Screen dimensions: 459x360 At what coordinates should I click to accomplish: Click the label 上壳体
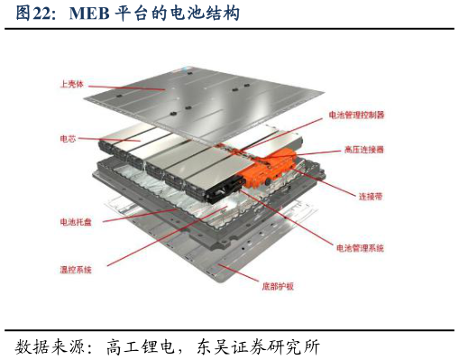coord(72,84)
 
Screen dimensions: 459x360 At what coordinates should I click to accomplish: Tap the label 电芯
coord(68,139)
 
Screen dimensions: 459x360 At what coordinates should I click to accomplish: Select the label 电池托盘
coord(76,222)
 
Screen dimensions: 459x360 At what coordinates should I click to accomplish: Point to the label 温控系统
coord(76,269)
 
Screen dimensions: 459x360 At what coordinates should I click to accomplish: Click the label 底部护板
coord(278,286)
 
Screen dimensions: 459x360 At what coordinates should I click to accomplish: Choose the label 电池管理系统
coord(360,248)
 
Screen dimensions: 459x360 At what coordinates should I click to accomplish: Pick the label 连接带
coord(371,197)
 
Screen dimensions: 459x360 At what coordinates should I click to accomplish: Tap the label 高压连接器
coord(364,150)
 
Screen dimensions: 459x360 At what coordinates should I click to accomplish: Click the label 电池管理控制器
coord(356,115)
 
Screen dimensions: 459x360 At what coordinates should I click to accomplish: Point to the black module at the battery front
coord(224,189)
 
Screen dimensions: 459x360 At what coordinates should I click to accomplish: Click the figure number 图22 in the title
coord(32,14)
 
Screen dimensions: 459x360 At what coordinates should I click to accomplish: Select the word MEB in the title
coord(89,14)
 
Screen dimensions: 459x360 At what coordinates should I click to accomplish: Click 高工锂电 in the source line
coord(141,346)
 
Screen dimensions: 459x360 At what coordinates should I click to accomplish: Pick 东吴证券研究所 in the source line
coord(258,346)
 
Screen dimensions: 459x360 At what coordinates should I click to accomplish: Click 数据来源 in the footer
coord(50,346)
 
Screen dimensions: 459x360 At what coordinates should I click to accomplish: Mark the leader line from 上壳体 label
coord(127,88)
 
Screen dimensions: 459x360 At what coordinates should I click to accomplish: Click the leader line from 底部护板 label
coord(238,273)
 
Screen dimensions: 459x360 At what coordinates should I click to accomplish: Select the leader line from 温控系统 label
coord(167,236)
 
